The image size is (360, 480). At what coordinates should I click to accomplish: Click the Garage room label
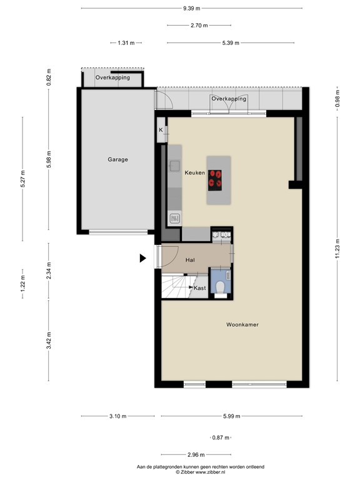(117, 159)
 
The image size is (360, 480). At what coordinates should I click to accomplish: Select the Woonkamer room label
(242, 325)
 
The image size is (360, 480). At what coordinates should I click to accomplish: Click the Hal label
(191, 259)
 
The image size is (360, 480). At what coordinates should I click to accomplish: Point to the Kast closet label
(199, 288)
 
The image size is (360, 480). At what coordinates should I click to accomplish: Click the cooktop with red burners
(216, 179)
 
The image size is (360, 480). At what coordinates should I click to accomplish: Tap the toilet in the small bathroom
(219, 286)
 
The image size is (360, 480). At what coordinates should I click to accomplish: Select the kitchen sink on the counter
(174, 219)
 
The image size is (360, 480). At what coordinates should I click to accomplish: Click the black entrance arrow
(143, 257)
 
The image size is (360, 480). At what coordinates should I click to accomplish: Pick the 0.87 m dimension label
(221, 438)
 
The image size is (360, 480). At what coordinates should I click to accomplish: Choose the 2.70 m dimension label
(199, 26)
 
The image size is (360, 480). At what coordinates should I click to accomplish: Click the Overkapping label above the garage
(112, 78)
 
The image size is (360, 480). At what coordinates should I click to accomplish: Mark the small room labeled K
(161, 130)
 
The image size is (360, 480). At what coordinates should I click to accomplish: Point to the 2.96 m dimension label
(196, 455)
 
